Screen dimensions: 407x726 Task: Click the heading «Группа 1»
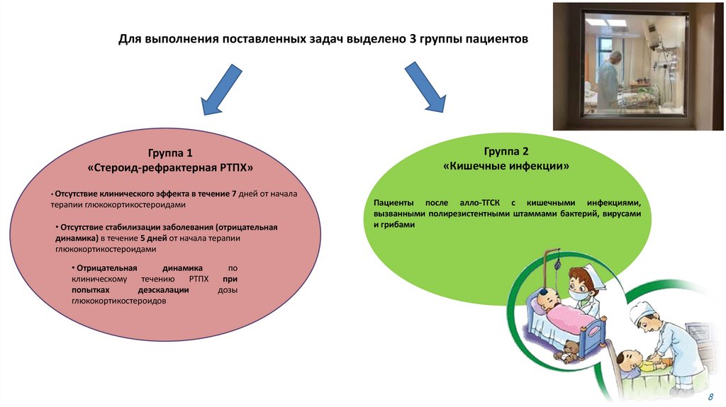tap(169, 153)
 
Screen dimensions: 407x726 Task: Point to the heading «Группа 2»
tap(506, 151)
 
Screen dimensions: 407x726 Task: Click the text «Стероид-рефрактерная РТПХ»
tap(169, 169)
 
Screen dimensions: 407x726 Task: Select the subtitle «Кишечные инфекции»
tap(506, 167)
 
